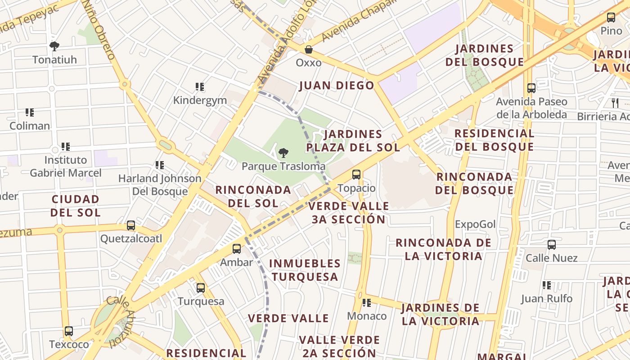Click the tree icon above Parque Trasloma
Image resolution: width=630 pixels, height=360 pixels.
pos(283,153)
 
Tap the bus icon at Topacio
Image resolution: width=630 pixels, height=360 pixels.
pos(356,175)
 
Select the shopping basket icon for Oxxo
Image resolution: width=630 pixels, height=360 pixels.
pos(309,49)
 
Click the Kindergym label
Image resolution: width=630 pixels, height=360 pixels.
pos(200,100)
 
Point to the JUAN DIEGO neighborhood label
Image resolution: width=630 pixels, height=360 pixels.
pos(337,85)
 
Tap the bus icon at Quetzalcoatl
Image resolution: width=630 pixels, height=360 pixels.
pos(131,225)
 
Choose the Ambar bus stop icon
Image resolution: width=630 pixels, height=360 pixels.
pos(237,248)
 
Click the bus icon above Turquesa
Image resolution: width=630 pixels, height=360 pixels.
pos(201,288)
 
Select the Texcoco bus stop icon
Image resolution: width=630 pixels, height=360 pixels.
pos(69,332)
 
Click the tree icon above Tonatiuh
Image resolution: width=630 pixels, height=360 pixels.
pos(54,46)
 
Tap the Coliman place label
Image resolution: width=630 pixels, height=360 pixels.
pos(30,126)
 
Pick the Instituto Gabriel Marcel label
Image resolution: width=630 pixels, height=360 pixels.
pos(66,166)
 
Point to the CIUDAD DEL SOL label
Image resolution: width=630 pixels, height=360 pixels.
pos(75,206)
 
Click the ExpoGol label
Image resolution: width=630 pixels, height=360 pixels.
pos(475,224)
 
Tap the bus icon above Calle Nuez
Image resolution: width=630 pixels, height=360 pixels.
pos(552,245)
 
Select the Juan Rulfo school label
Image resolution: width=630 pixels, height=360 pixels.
pos(547,298)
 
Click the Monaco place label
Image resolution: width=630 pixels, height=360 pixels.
pos(367,316)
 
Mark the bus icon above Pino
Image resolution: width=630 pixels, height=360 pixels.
pos(611,18)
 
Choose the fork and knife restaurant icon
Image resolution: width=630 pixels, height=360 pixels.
pos(615,103)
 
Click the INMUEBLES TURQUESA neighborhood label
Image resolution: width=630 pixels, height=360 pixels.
pos(305,270)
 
